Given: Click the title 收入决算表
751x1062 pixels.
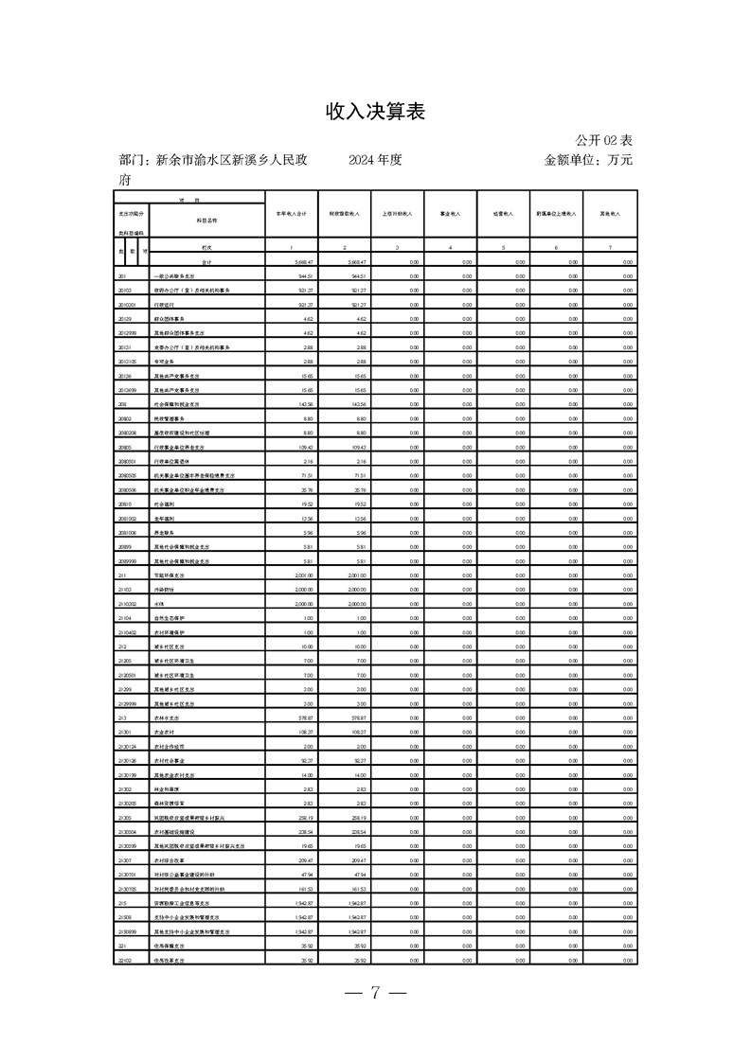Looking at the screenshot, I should (375, 112).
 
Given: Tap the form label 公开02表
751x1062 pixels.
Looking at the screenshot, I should (603, 139).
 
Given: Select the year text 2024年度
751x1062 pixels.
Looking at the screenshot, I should (375, 160).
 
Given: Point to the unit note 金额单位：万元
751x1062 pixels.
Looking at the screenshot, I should (588, 160).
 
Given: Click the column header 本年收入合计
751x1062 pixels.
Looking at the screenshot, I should (291, 214).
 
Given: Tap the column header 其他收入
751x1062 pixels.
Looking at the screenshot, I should (611, 214).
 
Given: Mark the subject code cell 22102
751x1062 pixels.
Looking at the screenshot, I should (124, 961).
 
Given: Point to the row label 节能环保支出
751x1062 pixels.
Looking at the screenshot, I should (173, 575).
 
